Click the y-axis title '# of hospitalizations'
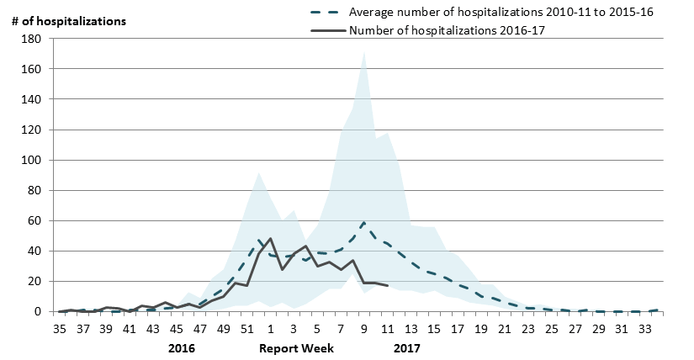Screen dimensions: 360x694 (69, 21)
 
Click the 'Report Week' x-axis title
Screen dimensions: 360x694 (295, 347)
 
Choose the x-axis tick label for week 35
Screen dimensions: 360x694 (60, 329)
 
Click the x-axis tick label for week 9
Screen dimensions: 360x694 (364, 329)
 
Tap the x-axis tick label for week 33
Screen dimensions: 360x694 (645, 329)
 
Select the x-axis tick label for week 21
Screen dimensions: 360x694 (505, 329)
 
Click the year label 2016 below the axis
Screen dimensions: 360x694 (181, 347)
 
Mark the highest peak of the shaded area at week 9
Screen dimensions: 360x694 (363, 52)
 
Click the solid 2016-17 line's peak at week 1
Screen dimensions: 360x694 (270, 239)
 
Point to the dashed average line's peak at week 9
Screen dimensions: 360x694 (363, 223)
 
